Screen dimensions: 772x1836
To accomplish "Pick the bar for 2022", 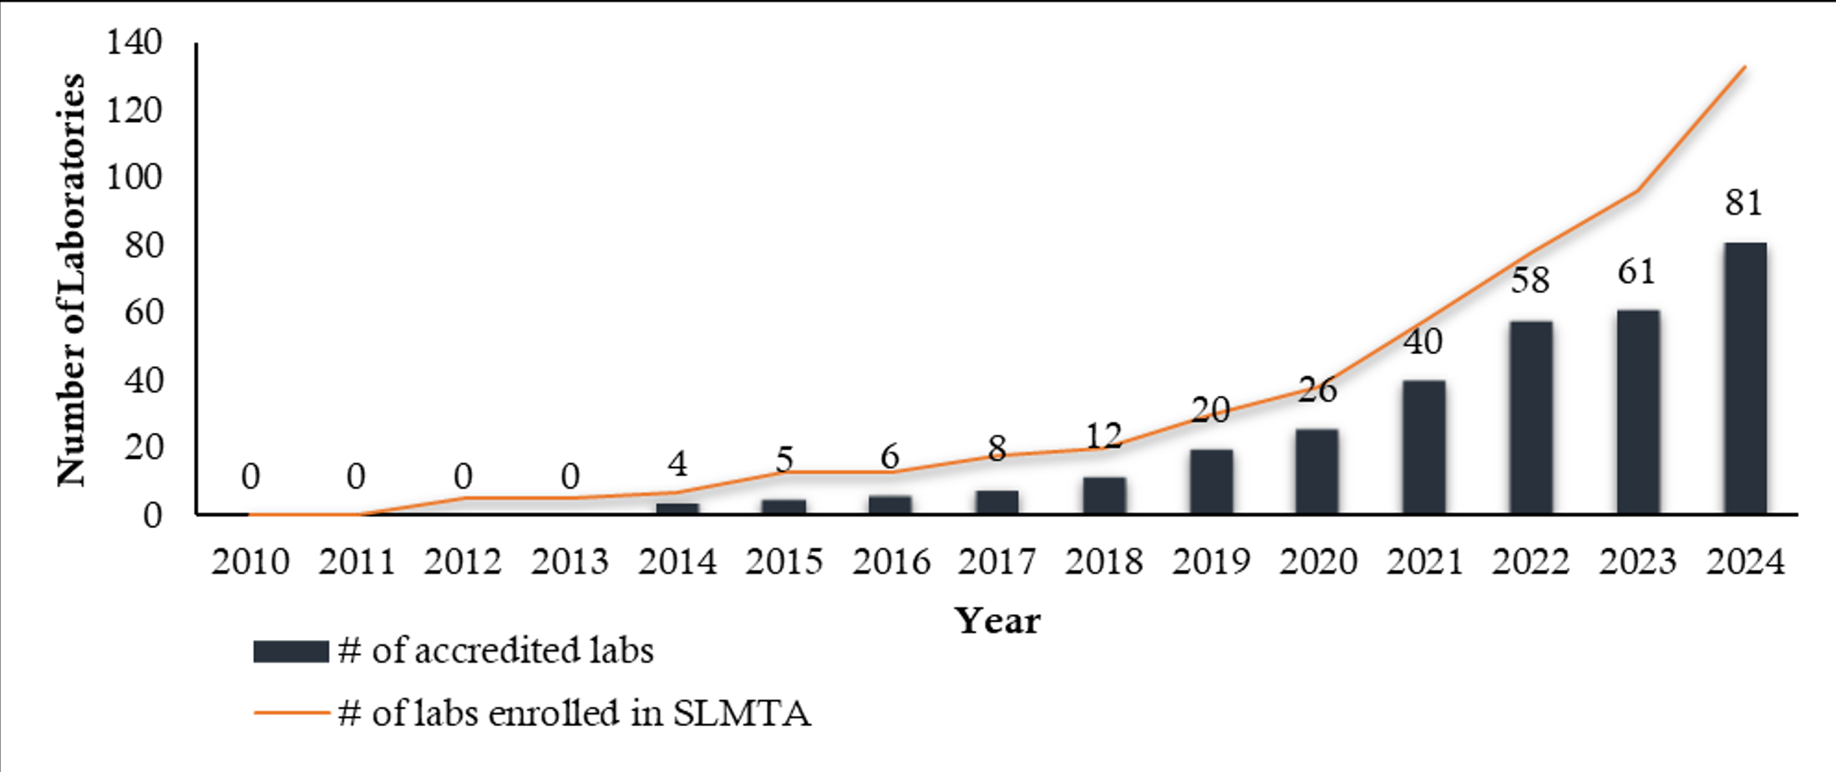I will [1531, 417].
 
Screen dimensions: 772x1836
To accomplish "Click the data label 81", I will [1744, 203].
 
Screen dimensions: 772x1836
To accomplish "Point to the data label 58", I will [1530, 281].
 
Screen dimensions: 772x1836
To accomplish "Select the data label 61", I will [1636, 272].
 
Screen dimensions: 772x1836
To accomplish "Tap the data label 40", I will [1423, 342].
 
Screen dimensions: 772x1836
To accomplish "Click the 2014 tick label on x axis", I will [677, 561].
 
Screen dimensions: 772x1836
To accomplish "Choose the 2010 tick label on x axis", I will [250, 561].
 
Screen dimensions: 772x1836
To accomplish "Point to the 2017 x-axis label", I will [997, 561].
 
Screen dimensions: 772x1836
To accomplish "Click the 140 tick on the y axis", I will [134, 42].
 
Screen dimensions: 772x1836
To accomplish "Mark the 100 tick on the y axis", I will [134, 177].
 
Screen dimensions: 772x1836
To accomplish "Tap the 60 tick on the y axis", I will [143, 312].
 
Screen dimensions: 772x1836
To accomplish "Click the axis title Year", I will [997, 621].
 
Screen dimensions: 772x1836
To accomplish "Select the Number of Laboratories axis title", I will [72, 279].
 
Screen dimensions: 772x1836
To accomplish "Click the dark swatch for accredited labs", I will [291, 652].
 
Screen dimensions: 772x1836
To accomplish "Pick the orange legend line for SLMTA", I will [291, 713].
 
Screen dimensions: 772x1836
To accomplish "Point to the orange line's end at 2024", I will [1745, 67].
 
